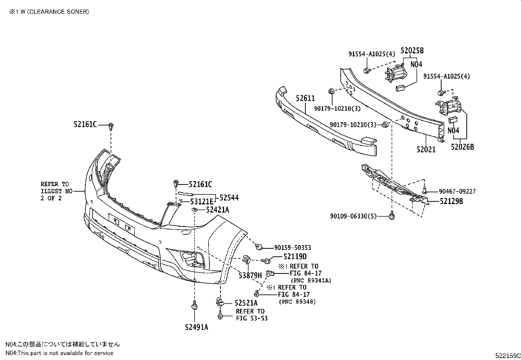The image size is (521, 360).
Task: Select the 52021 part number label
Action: pyautogui.click(x=426, y=149)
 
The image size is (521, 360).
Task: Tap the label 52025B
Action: pyautogui.click(x=412, y=51)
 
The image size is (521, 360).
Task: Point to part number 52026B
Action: pyautogui.click(x=462, y=147)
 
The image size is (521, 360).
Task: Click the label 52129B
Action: pyautogui.click(x=451, y=201)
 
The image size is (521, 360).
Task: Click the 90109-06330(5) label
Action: pyautogui.click(x=353, y=216)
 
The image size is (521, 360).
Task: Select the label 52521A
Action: pyautogui.click(x=246, y=303)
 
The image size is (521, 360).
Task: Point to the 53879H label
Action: pyautogui.click(x=250, y=275)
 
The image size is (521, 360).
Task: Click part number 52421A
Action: pyautogui.click(x=218, y=210)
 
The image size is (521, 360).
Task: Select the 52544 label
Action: pyautogui.click(x=229, y=198)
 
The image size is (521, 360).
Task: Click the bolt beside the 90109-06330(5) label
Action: pyautogui.click(x=391, y=216)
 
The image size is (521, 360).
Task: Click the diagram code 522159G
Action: pyautogui.click(x=507, y=355)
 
